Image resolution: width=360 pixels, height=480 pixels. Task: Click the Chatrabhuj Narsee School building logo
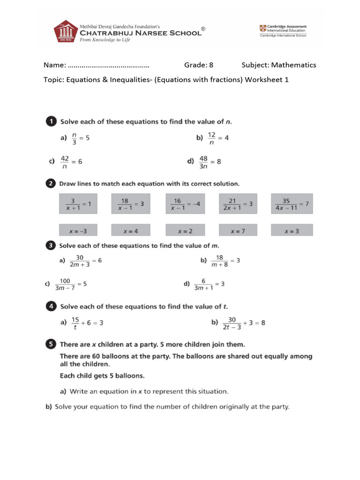click(65, 32)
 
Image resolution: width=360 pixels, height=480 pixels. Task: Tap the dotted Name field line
click(108, 65)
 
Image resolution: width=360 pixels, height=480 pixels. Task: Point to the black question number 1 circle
click(51, 122)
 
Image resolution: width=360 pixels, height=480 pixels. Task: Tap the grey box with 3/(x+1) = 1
click(78, 204)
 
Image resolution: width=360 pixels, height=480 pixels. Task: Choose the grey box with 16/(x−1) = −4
click(185, 204)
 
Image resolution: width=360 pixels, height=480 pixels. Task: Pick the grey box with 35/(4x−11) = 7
click(292, 204)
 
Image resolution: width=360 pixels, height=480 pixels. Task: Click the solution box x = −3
click(78, 230)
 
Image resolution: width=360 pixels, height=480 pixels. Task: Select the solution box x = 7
click(238, 230)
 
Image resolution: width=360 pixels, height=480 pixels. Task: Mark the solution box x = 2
click(185, 230)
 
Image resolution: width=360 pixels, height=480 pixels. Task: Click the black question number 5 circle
click(51, 345)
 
